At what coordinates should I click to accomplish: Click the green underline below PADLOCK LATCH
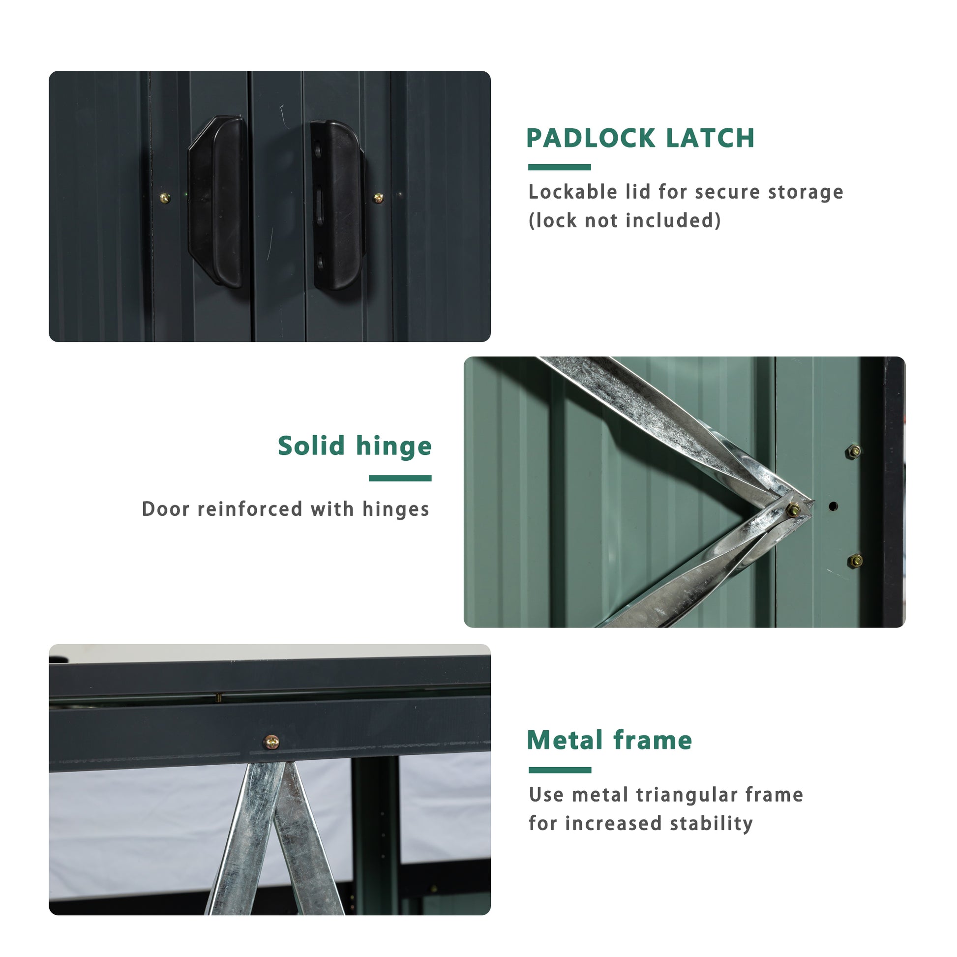[x=559, y=167]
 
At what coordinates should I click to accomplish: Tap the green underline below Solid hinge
[x=400, y=478]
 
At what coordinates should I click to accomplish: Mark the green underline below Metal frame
[x=560, y=770]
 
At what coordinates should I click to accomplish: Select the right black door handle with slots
[x=337, y=206]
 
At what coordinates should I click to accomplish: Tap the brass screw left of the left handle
[x=165, y=199]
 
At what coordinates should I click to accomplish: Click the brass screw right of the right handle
[x=379, y=199]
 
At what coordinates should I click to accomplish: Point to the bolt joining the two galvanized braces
[x=793, y=509]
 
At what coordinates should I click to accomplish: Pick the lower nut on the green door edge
[x=855, y=561]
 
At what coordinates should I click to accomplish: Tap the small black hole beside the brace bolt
[x=833, y=506]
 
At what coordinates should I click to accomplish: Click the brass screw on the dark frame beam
[x=271, y=742]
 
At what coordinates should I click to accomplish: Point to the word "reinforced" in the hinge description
[x=250, y=509]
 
